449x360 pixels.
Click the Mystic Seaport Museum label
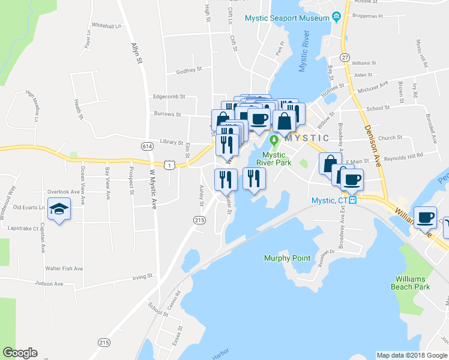288,18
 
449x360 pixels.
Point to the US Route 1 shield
170,164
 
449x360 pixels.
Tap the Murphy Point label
288,258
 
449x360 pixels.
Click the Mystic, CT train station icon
354,200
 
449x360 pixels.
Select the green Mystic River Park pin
274,142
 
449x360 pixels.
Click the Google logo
20,353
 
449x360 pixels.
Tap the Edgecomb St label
169,96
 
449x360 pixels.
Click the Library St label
172,143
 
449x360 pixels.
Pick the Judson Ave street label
49,283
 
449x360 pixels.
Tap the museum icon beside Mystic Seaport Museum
337,16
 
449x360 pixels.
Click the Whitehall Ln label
107,26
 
